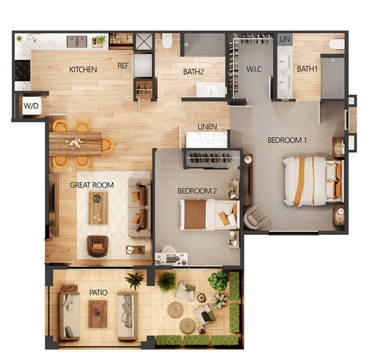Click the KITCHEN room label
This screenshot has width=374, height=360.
tap(83, 69)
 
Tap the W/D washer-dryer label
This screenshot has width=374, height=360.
tap(31, 106)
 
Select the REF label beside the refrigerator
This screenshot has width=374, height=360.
tap(123, 66)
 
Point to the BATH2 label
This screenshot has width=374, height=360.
tap(193, 71)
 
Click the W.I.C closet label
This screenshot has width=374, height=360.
tap(254, 69)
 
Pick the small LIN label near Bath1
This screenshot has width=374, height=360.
tap(285, 39)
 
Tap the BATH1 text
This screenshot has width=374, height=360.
tap(307, 69)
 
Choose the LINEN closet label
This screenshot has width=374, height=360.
tap(207, 127)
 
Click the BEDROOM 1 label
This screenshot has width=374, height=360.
tap(287, 140)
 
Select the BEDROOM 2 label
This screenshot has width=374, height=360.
tap(197, 191)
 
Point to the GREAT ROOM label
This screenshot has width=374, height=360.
tap(92, 185)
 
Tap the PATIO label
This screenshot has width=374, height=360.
tap(98, 292)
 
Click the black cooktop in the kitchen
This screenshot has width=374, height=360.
tap(22, 71)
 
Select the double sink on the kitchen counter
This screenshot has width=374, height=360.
tap(77, 41)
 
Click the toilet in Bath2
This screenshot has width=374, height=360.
tap(166, 41)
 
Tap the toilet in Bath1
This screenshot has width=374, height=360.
tap(337, 44)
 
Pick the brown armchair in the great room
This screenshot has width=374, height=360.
tap(97, 246)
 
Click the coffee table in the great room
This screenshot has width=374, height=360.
tap(98, 208)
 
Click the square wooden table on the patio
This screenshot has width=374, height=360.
tap(98, 313)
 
